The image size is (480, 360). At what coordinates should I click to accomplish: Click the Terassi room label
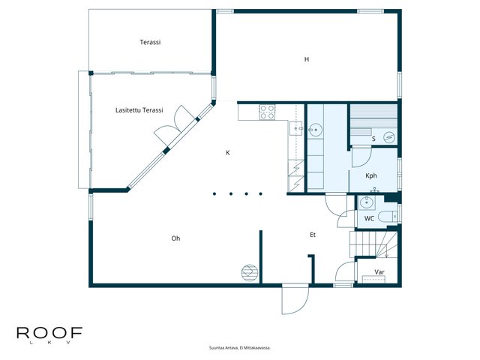150,42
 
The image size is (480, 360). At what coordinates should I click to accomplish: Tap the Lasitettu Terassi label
139,110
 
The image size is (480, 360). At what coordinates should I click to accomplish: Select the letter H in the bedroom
307,59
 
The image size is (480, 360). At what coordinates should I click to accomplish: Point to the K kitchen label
228,153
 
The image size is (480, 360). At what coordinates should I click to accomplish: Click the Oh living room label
175,238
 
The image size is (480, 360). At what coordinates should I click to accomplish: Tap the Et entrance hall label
313,235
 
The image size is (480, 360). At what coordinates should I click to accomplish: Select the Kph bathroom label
371,175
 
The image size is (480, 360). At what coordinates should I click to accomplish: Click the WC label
369,218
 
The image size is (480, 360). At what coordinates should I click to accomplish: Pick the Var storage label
379,271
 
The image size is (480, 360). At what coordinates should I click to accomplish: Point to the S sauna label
373,139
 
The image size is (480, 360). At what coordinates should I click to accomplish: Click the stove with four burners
267,112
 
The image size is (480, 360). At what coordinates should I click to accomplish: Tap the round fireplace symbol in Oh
250,272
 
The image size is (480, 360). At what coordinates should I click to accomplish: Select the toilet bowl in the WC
388,217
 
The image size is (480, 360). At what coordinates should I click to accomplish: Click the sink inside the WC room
367,203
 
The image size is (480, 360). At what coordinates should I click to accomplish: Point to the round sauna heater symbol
388,137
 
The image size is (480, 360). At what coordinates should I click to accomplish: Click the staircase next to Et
373,244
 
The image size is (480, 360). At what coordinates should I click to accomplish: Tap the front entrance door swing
295,299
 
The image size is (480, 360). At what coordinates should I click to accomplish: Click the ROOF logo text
49,333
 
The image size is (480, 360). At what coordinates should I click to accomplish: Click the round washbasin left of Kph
315,130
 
